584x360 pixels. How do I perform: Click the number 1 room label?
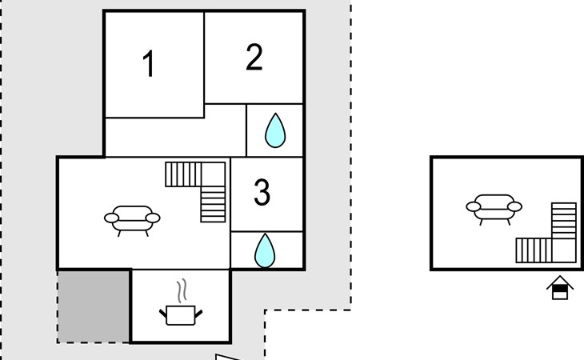pyautogui.click(x=149, y=63)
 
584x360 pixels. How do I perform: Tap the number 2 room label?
pyautogui.click(x=254, y=57)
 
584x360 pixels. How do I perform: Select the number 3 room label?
pyautogui.click(x=262, y=192)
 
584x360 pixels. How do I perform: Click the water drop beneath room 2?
pyautogui.click(x=275, y=130)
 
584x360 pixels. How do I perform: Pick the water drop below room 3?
pyautogui.click(x=265, y=250)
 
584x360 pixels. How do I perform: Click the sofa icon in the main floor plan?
pyautogui.click(x=132, y=221)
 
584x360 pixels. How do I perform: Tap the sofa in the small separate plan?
pyautogui.click(x=494, y=210)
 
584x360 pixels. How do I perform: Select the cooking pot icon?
pyautogui.click(x=181, y=315)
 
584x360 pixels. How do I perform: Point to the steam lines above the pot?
pyautogui.click(x=182, y=290)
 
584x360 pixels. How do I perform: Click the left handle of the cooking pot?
pyautogui.click(x=162, y=314)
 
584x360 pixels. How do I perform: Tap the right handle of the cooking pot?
pyautogui.click(x=198, y=314)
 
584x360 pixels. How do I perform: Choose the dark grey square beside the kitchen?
pyautogui.click(x=94, y=306)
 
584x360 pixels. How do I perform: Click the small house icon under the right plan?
pyautogui.click(x=560, y=287)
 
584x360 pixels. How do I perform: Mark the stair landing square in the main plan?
pyautogui.click(x=213, y=174)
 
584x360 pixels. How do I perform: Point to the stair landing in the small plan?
pyautogui.click(x=564, y=250)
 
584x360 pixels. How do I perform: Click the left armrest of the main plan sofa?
pyautogui.click(x=111, y=218)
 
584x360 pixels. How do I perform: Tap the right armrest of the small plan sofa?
pyautogui.click(x=514, y=206)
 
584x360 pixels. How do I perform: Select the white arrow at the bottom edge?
pyautogui.click(x=227, y=358)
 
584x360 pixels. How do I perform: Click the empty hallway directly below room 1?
pyautogui.click(x=175, y=137)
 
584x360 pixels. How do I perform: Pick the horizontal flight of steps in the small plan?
pyautogui.click(x=534, y=250)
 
